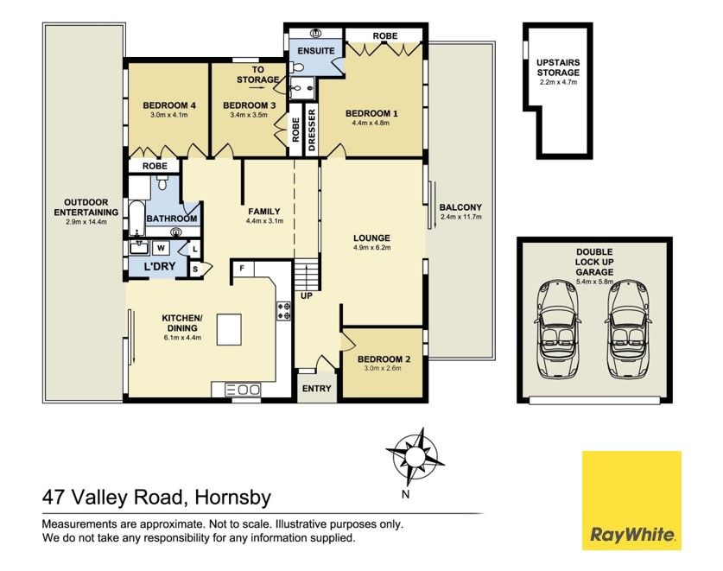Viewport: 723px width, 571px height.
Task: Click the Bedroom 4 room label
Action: pyautogui.click(x=169, y=105)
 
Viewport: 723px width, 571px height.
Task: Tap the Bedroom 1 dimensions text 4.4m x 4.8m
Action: pyautogui.click(x=371, y=124)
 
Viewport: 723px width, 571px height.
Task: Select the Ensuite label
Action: pyautogui.click(x=316, y=51)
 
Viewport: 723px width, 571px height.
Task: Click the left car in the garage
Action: pyautogui.click(x=557, y=329)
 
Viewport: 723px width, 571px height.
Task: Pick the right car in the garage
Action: pyautogui.click(x=630, y=329)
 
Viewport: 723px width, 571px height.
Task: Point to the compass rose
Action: pyautogui.click(x=415, y=457)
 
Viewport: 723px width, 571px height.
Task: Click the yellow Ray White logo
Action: pyautogui.click(x=631, y=500)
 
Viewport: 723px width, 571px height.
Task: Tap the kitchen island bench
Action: pyautogui.click(x=229, y=329)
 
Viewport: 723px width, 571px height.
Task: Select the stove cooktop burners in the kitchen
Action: pyautogui.click(x=283, y=311)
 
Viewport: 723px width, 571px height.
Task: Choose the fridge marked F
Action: pyautogui.click(x=242, y=268)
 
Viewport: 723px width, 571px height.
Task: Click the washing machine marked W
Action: pyautogui.click(x=161, y=248)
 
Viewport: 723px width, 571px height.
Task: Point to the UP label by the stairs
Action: pyautogui.click(x=307, y=295)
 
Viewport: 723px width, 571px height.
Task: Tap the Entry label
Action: pyautogui.click(x=316, y=389)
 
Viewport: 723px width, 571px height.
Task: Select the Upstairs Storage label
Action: pyautogui.click(x=558, y=67)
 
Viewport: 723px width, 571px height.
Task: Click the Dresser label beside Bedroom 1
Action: pyautogui.click(x=312, y=130)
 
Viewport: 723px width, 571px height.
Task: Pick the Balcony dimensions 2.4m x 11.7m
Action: pyautogui.click(x=460, y=217)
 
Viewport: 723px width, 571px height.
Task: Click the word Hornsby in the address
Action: pyautogui.click(x=233, y=498)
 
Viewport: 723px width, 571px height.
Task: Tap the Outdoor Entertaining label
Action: pyautogui.click(x=86, y=207)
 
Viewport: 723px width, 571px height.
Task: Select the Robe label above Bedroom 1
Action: pyautogui.click(x=385, y=35)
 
